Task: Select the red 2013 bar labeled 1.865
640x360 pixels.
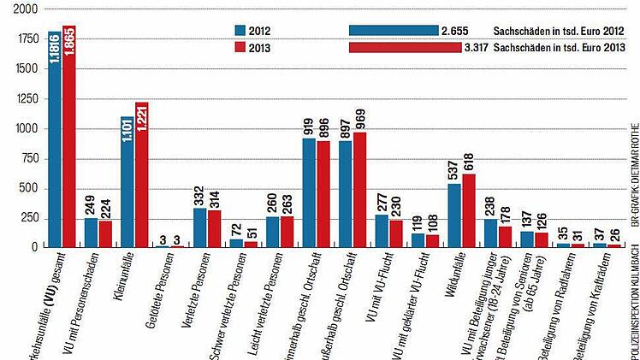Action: (69, 137)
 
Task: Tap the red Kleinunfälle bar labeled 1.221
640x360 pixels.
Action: (142, 174)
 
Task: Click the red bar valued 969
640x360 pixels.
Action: (360, 190)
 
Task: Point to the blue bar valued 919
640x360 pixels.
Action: (309, 192)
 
